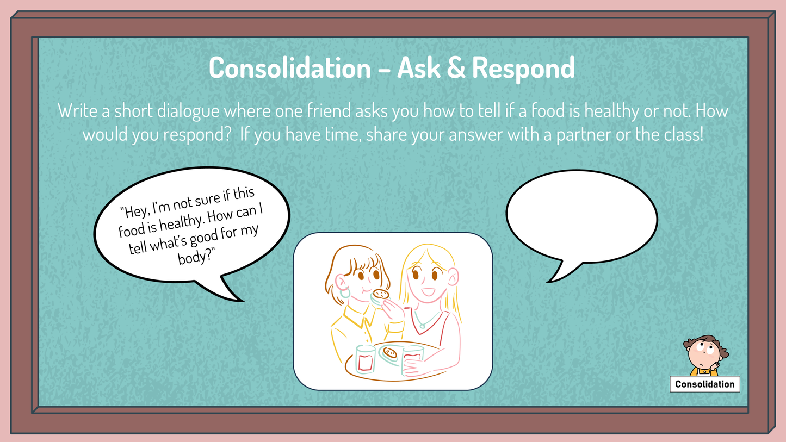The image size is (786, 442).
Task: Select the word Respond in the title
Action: (523, 69)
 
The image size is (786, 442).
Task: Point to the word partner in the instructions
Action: (587, 134)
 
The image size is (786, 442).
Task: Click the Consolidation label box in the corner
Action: (704, 384)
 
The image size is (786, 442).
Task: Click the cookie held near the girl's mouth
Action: (381, 294)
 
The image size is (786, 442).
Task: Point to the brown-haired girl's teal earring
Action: (345, 293)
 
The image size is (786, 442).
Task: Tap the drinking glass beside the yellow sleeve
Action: (366, 359)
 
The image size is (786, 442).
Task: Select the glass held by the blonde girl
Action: (412, 359)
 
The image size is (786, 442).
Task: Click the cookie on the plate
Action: (389, 353)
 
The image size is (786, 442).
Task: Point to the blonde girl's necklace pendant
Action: (420, 325)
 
